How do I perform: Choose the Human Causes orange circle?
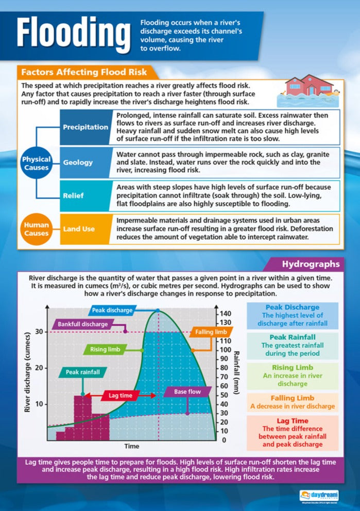click(36, 228)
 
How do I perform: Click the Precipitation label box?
click(85, 127)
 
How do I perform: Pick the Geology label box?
click(78, 162)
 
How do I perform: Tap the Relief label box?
click(74, 196)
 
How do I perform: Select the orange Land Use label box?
click(78, 228)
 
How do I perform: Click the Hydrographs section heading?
click(310, 265)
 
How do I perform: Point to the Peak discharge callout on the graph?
click(112, 310)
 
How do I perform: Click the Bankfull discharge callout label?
click(82, 325)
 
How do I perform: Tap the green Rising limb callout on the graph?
click(105, 349)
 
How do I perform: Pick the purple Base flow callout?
click(187, 392)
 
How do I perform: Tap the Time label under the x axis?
click(131, 446)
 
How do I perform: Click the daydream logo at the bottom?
click(319, 495)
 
